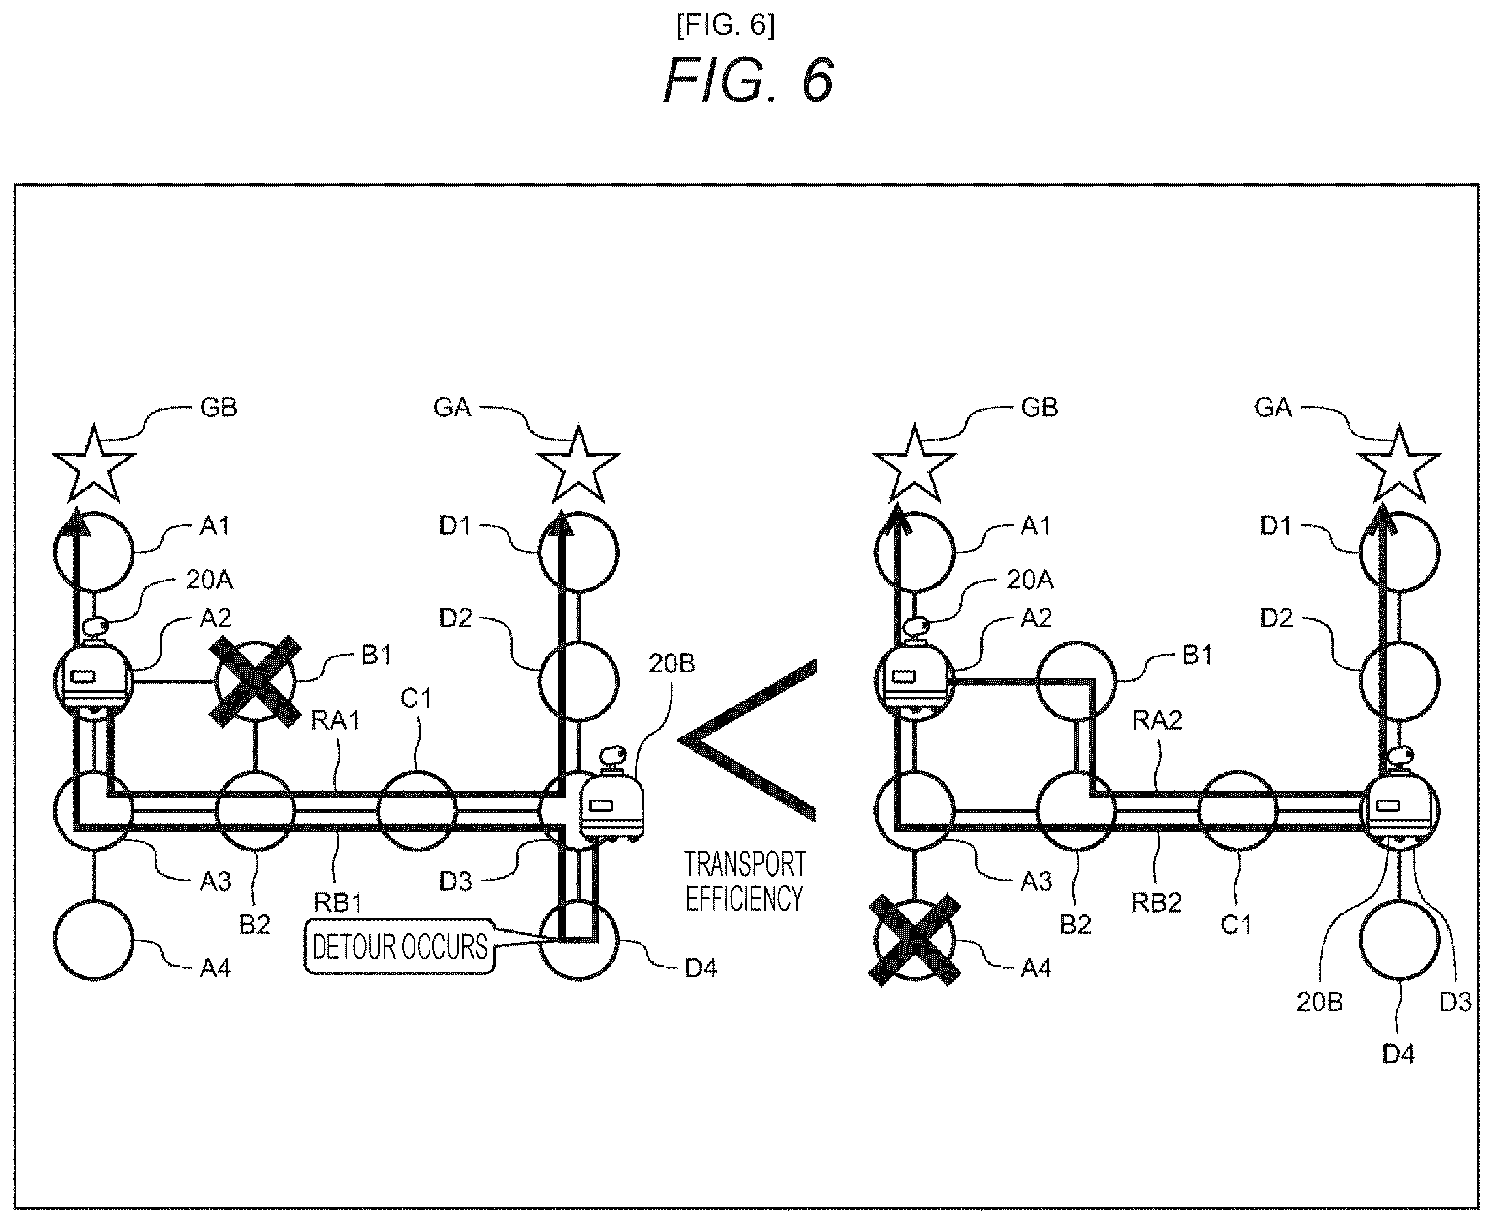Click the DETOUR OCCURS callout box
[x=399, y=946]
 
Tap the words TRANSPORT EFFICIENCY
[x=745, y=881]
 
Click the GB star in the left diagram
[x=94, y=464]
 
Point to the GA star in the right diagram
[x=1398, y=464]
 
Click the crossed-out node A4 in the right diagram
[x=914, y=940]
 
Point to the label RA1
[x=335, y=721]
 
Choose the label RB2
[x=1156, y=903]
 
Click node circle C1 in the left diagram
[x=417, y=811]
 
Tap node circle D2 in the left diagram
[x=579, y=681]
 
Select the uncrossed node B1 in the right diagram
[x=1076, y=681]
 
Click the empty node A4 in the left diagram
[x=94, y=940]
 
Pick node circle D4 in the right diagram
[x=1399, y=940]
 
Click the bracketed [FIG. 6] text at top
[x=726, y=25]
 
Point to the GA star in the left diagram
[x=579, y=464]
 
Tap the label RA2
[x=1157, y=721]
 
